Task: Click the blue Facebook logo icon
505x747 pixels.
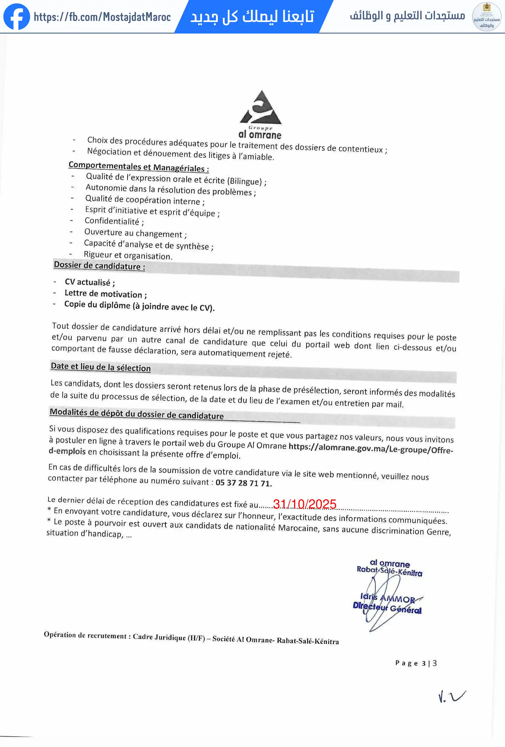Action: (x=17, y=17)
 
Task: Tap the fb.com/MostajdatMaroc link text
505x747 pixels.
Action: (x=102, y=17)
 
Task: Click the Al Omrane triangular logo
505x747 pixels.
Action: (x=261, y=108)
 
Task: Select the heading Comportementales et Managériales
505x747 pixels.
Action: (x=138, y=167)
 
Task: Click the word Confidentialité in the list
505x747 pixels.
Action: (x=112, y=221)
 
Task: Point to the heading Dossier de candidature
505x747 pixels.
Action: (x=99, y=266)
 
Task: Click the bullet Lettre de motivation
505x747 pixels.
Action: (x=103, y=294)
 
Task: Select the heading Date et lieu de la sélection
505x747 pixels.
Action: (x=101, y=367)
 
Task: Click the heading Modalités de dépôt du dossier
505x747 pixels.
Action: (x=137, y=413)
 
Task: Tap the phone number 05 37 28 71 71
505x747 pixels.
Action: (x=244, y=483)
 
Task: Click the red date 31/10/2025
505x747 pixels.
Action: (x=304, y=504)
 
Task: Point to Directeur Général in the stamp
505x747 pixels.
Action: (x=387, y=608)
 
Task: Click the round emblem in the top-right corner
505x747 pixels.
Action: (x=486, y=17)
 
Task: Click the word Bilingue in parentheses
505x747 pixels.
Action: (x=245, y=181)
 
